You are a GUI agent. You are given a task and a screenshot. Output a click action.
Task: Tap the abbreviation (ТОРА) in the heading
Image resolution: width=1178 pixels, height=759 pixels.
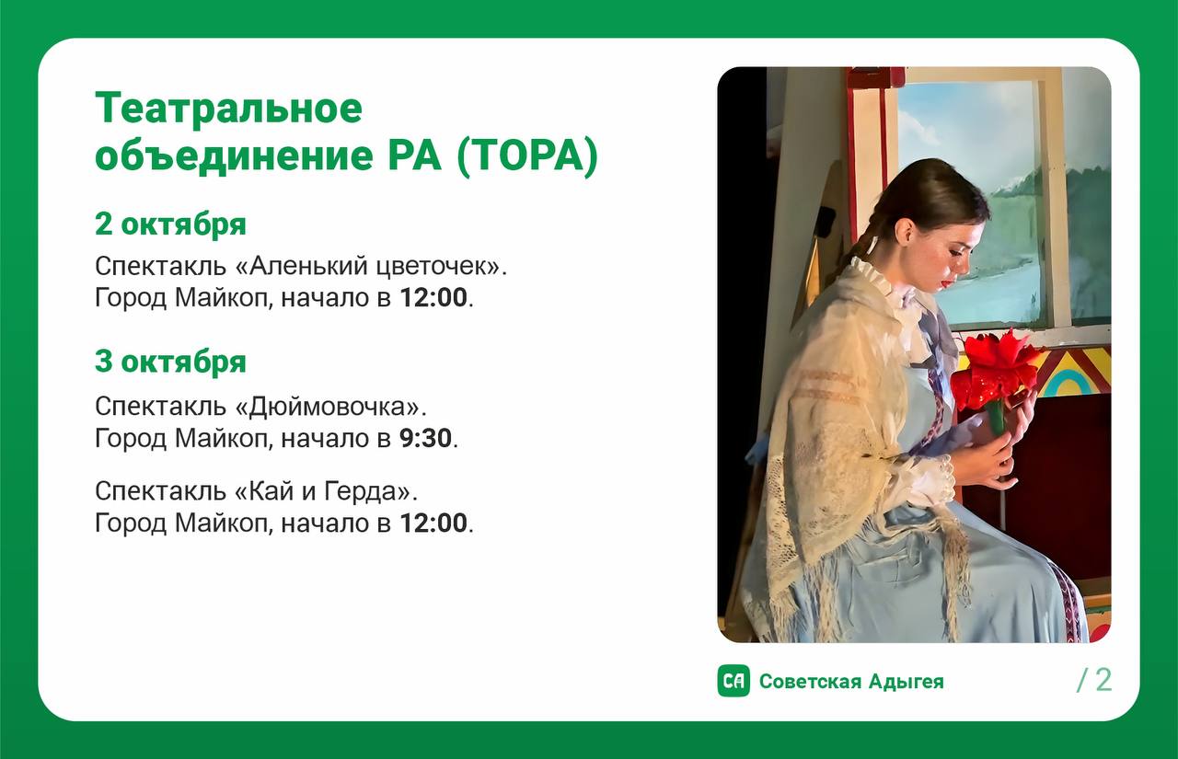click(527, 155)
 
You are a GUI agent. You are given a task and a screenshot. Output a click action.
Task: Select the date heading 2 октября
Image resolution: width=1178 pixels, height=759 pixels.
click(170, 224)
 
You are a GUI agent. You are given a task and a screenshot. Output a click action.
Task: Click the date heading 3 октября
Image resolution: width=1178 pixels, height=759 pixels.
click(170, 362)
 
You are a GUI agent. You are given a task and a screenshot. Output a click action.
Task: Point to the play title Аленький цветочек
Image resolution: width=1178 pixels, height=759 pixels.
click(367, 267)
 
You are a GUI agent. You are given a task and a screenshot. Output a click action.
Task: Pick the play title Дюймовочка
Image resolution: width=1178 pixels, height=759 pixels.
click(329, 407)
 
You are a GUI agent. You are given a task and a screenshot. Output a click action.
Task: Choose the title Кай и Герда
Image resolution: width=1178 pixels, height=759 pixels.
click(323, 492)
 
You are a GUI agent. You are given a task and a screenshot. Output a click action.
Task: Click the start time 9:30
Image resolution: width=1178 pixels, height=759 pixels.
click(425, 438)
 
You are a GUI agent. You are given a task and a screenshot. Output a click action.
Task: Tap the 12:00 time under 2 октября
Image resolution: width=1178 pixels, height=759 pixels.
click(433, 297)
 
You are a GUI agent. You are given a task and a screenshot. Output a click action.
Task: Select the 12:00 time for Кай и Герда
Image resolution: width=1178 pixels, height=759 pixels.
click(433, 523)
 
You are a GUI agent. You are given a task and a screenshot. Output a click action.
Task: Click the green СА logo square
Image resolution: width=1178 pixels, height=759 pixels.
click(733, 681)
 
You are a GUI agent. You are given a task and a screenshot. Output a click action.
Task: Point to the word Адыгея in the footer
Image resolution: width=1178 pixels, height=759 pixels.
click(907, 683)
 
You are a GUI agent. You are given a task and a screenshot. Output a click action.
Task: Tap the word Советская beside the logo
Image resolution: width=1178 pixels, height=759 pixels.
click(811, 681)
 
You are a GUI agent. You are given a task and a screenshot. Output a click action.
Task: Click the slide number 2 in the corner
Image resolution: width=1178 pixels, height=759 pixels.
click(1103, 680)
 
